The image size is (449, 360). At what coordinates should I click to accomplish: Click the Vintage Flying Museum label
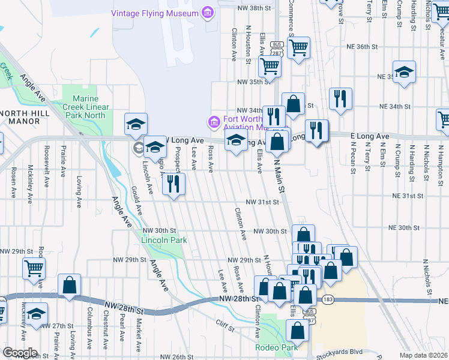click(155, 13)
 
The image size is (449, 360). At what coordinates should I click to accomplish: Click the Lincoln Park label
click(164, 240)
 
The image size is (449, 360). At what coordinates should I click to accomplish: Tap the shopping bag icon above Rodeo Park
click(297, 330)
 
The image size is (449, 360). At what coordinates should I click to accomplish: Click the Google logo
click(20, 353)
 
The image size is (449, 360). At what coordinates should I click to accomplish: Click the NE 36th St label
click(362, 46)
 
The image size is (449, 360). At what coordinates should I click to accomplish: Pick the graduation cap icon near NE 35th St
click(405, 73)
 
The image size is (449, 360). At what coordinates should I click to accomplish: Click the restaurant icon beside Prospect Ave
click(173, 184)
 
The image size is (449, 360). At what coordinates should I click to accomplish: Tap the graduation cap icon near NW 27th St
click(37, 314)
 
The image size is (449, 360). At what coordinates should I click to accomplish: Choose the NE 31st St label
click(408, 196)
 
